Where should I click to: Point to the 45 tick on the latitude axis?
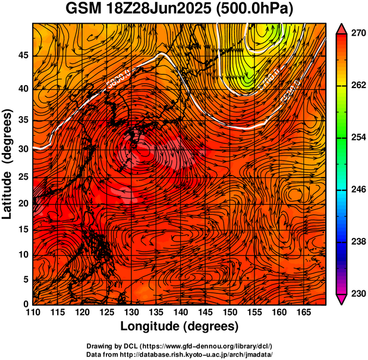pos(22,55)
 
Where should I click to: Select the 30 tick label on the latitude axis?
pos(22,149)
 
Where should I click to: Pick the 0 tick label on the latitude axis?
pos(25,303)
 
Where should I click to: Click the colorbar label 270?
pos(357,34)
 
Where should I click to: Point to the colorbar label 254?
pos(357,137)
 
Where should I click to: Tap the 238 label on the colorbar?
pos(357,242)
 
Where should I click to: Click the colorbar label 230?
pos(357,293)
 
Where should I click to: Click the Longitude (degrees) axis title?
pos(180,327)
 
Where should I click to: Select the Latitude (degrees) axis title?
pos(8,164)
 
